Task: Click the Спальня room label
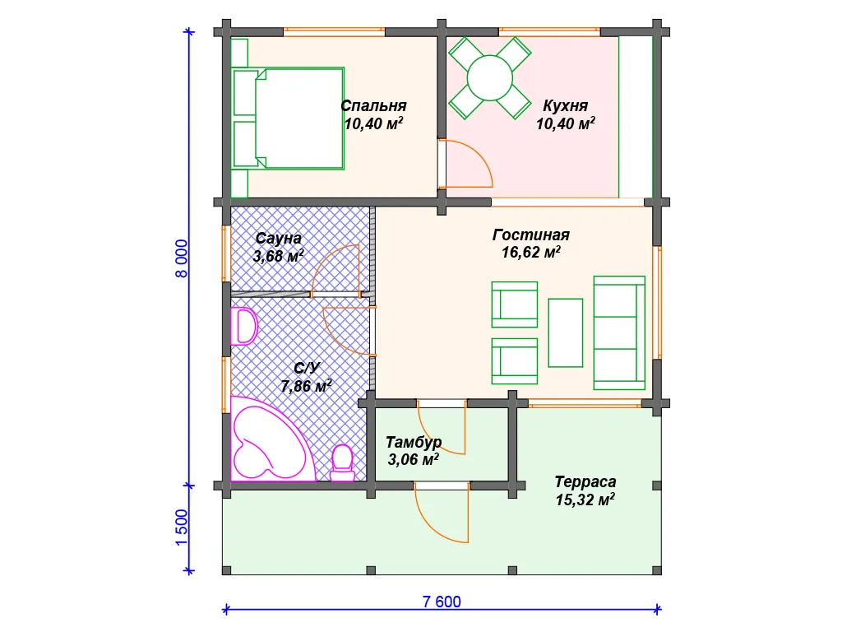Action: pyautogui.click(x=374, y=105)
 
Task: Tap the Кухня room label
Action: pyautogui.click(x=565, y=105)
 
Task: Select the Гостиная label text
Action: pyautogui.click(x=531, y=235)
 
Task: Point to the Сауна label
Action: pyautogui.click(x=278, y=238)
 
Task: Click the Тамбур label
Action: pyautogui.click(x=414, y=442)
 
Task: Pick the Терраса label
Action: pyautogui.click(x=585, y=481)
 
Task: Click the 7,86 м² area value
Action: pyautogui.click(x=306, y=385)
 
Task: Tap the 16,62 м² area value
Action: pyautogui.click(x=531, y=252)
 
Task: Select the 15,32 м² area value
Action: pyautogui.click(x=585, y=500)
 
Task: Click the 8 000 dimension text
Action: pyautogui.click(x=182, y=258)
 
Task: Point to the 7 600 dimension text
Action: pyautogui.click(x=442, y=602)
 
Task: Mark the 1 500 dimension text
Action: pyautogui.click(x=182, y=527)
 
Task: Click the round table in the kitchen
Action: pyautogui.click(x=490, y=78)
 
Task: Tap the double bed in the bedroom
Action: pyautogui.click(x=288, y=118)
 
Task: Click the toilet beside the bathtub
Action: pyautogui.click(x=342, y=462)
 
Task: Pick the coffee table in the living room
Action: pyautogui.click(x=566, y=333)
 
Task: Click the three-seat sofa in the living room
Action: pyautogui.click(x=619, y=333)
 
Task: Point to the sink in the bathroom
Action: pyautogui.click(x=243, y=326)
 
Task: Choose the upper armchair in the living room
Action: pyautogui.click(x=515, y=304)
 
